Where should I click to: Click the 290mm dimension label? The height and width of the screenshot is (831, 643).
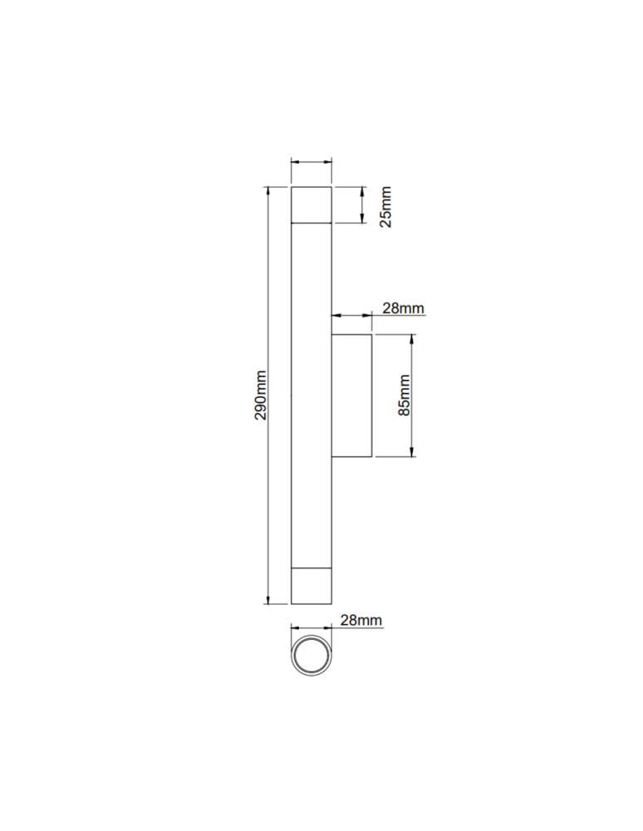pyautogui.click(x=261, y=395)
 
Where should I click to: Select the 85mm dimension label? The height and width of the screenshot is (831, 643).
pyautogui.click(x=405, y=395)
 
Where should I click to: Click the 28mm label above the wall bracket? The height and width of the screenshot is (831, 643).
pyautogui.click(x=403, y=308)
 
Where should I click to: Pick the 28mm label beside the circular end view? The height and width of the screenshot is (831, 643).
pyautogui.click(x=361, y=620)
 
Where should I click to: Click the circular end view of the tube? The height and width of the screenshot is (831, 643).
pyautogui.click(x=312, y=658)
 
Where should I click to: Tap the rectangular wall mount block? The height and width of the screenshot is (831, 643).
pyautogui.click(x=351, y=395)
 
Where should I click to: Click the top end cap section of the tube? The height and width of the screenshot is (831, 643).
pyautogui.click(x=312, y=205)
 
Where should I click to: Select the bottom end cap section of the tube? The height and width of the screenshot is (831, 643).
pyautogui.click(x=312, y=586)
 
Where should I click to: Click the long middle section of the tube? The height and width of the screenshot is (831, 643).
pyautogui.click(x=312, y=395)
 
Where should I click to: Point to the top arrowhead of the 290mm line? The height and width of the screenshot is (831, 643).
pyautogui.click(x=268, y=192)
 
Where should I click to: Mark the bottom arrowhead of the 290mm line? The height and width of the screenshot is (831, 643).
pyautogui.click(x=268, y=599)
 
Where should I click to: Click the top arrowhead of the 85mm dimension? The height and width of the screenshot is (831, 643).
pyautogui.click(x=413, y=338)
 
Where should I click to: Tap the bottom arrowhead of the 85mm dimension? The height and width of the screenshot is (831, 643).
pyautogui.click(x=413, y=452)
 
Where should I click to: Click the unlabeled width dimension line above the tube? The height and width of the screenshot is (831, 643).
pyautogui.click(x=312, y=163)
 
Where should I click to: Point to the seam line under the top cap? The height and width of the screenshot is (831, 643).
pyautogui.click(x=312, y=223)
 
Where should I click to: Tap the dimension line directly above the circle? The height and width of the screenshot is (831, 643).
pyautogui.click(x=312, y=628)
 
